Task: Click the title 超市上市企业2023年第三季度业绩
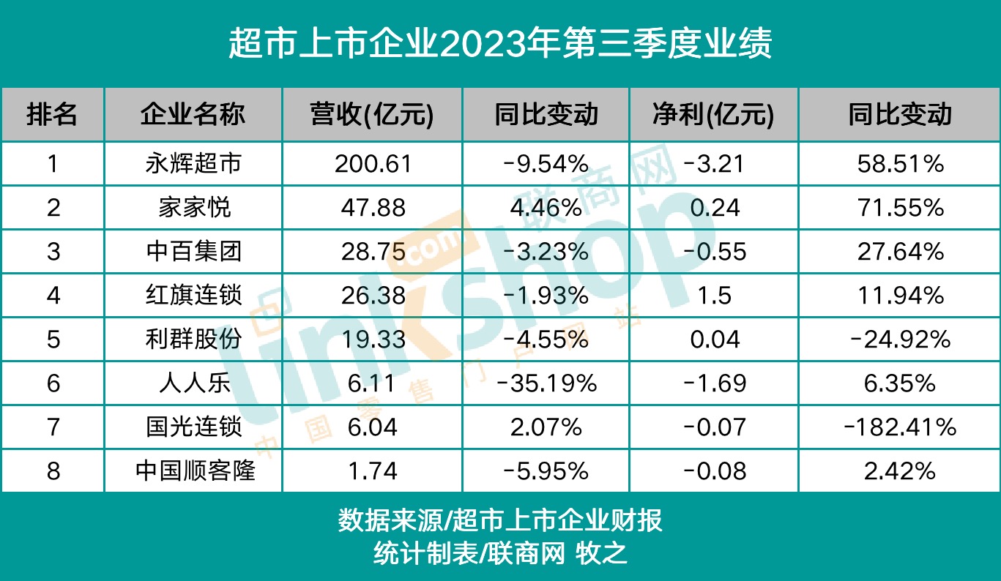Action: tap(500, 44)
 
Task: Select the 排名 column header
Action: tap(52, 114)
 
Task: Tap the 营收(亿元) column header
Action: tap(372, 114)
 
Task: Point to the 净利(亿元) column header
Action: tap(712, 114)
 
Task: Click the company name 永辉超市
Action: tap(194, 164)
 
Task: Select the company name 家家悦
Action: tap(194, 208)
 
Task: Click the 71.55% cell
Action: tap(900, 208)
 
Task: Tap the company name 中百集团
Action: tap(194, 252)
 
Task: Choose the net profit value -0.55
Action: tap(712, 252)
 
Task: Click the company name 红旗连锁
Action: tap(194, 296)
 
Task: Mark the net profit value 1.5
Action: tap(712, 296)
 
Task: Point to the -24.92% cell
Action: tap(900, 340)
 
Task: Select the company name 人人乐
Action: tap(194, 383)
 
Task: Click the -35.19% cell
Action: tap(546, 383)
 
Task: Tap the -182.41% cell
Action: tap(900, 427)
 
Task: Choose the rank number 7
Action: tap(53, 427)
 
